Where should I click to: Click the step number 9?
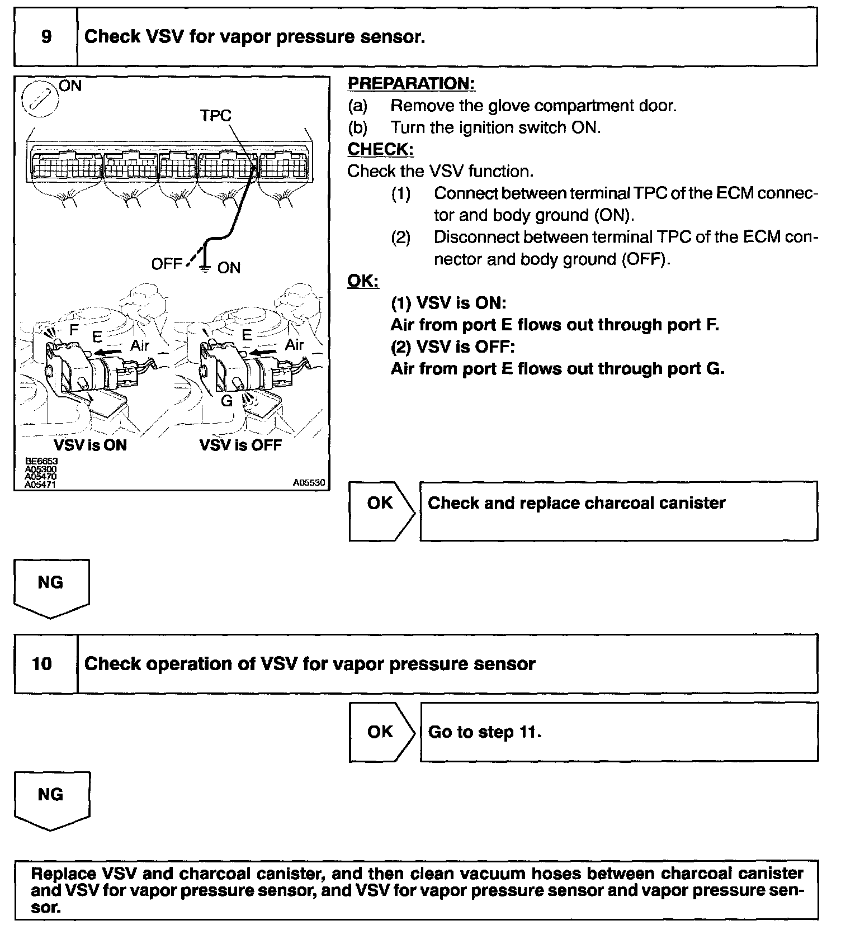pos(46,37)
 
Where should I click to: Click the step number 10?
pos(42,664)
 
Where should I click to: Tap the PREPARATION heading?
pos(411,84)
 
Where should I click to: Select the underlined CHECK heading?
pos(380,150)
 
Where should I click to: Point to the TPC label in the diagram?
pos(216,116)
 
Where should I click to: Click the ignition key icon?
pos(37,103)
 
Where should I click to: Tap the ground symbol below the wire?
pos(205,268)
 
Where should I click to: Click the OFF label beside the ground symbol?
pos(167,264)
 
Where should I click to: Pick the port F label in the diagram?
pos(74,330)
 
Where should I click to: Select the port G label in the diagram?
pos(226,401)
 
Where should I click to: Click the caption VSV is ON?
pos(90,445)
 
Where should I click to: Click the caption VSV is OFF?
pos(240,445)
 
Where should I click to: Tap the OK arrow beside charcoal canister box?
pos(381,511)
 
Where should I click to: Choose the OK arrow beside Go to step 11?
pos(381,732)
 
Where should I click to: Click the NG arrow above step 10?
pos(51,587)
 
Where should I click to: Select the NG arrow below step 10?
pos(51,799)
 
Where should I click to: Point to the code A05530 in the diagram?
pos(309,482)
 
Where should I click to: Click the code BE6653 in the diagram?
pos(41,461)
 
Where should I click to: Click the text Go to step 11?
pos(484,732)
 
